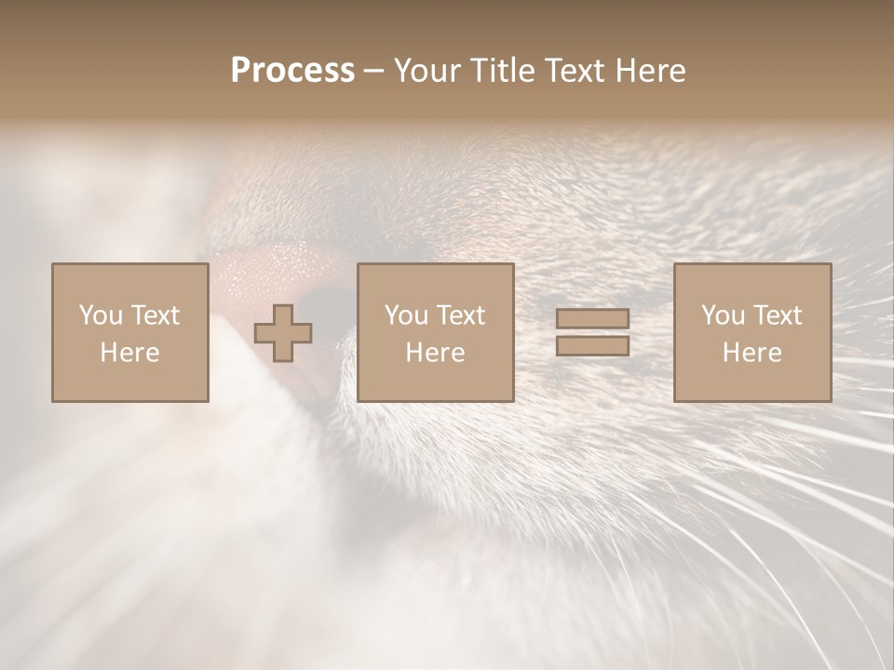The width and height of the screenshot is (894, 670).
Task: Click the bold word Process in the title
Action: coord(292,70)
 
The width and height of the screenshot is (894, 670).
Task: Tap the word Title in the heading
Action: coord(499,70)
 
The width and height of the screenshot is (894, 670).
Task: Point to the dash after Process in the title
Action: coord(373,71)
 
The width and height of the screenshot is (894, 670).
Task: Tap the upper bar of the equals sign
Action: coord(592,319)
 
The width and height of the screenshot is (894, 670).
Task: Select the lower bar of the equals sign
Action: coord(592,345)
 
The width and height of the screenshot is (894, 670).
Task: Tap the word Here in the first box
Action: coord(129,353)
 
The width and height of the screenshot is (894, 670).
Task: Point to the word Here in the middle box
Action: coord(435,353)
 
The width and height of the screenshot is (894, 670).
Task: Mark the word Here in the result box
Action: coord(752,353)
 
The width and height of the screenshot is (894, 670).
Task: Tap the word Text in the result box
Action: coord(778,315)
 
